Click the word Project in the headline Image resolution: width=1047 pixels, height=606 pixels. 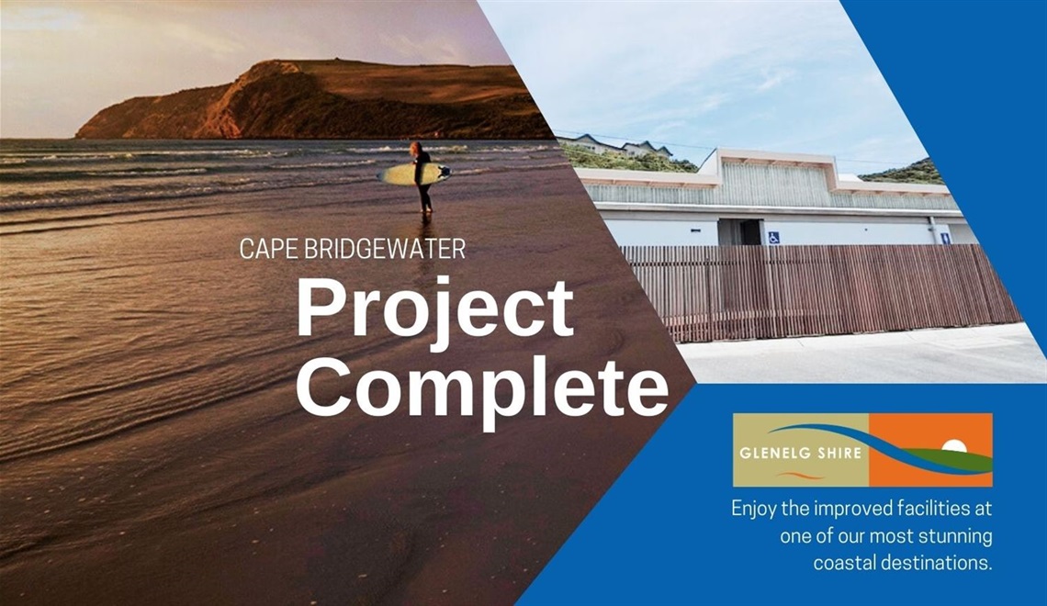[x=434, y=309]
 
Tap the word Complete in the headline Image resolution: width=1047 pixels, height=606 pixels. [x=481, y=386]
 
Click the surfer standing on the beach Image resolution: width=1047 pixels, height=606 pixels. [x=421, y=176]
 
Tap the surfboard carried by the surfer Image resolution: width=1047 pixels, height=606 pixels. [x=414, y=174]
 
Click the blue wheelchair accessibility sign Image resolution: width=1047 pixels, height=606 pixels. [x=773, y=237]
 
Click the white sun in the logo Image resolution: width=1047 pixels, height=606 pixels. [x=956, y=446]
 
